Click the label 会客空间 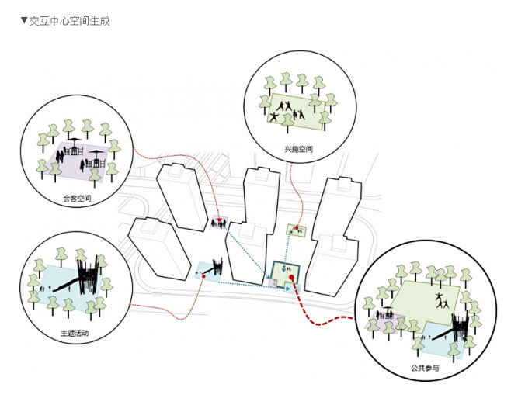click(77, 199)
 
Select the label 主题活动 click(74, 334)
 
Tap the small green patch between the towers click(296, 229)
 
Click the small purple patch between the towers click(219, 223)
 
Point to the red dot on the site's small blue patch click(203, 274)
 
